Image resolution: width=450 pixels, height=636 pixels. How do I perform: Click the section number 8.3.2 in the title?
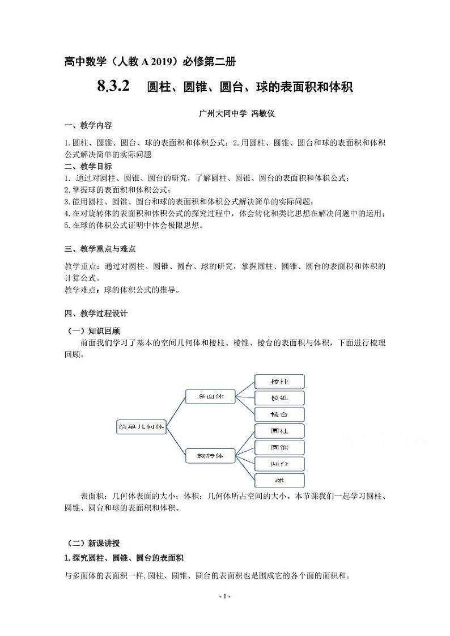pos(113,86)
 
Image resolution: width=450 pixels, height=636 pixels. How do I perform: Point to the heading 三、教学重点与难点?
pos(99,249)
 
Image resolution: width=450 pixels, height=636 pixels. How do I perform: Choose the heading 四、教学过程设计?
pos(96,313)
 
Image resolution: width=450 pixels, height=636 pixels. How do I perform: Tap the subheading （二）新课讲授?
pos(94,543)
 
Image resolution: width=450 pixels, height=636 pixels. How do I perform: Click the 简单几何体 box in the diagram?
pos(141,426)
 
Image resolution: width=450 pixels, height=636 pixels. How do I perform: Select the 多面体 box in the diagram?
pos(210,397)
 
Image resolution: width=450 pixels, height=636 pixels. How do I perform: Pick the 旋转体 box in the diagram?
pos(210,455)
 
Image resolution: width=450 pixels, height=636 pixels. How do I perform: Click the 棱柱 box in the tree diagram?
pos(279,381)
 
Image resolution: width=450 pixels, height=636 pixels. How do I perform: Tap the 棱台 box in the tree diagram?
pos(279,414)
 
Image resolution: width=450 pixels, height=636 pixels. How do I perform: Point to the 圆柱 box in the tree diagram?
pos(279,431)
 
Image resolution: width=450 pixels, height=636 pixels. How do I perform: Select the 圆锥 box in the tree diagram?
pos(279,447)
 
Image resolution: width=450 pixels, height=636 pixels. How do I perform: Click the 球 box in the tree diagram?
pos(279,480)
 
